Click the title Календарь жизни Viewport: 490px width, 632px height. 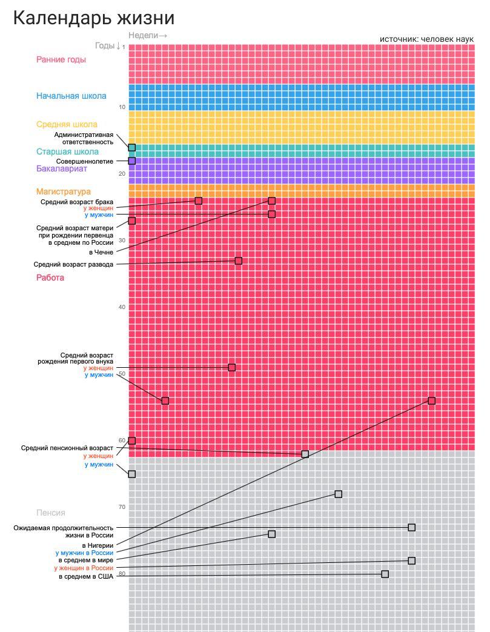93,19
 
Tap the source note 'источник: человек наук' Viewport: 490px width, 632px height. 427,39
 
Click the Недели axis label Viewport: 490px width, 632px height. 147,36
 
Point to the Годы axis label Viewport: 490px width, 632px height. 108,45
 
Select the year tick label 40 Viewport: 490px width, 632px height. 122,307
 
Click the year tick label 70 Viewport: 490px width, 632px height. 122,507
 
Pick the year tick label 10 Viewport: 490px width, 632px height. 122,107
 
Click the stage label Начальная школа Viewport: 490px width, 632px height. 71,96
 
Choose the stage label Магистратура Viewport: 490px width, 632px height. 64,191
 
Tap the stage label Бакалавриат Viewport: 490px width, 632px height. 62,168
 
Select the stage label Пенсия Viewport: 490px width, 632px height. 51,513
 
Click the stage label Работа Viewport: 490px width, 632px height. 50,278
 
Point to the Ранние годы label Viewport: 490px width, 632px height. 61,59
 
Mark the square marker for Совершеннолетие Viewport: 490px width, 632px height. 132,161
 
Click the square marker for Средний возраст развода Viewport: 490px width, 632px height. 239,261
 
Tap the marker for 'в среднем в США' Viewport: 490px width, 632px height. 385,574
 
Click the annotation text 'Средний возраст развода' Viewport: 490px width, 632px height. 73,264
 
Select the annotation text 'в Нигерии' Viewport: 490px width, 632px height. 98,545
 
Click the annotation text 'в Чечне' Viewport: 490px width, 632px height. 101,252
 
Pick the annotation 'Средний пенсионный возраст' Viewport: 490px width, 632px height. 67,448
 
